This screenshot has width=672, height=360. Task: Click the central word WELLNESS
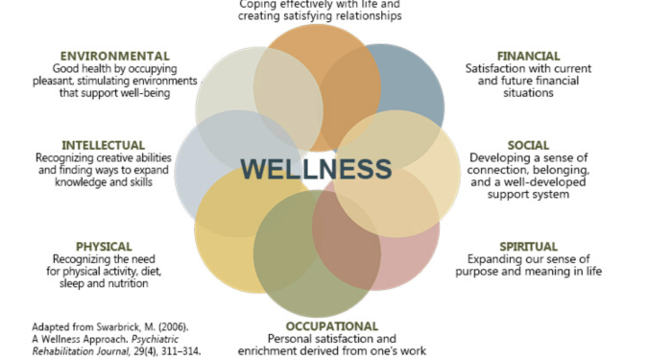click(316, 169)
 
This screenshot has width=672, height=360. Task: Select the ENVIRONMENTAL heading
click(114, 56)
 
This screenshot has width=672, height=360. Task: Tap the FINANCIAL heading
click(528, 56)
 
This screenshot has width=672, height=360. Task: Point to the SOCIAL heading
click(528, 145)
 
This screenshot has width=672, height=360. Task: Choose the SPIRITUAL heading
click(528, 247)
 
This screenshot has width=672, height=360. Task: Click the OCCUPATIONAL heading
click(331, 326)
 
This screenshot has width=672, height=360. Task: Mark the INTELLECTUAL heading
click(103, 145)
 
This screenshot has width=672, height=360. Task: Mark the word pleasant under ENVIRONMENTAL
click(78, 82)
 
